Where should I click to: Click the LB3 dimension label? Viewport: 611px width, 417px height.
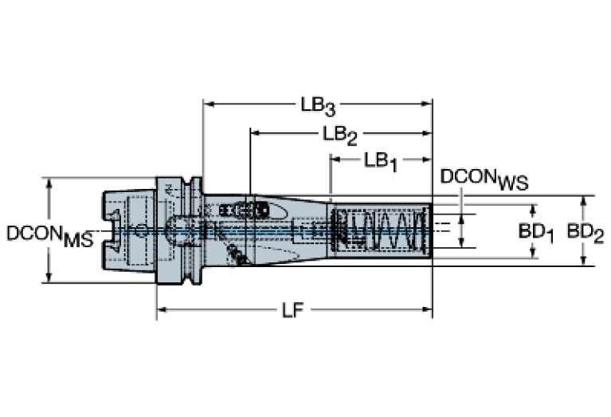pyautogui.click(x=318, y=106)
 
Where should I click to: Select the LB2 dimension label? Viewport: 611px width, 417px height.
pyautogui.click(x=340, y=136)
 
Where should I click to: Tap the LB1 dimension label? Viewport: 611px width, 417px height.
pyautogui.click(x=381, y=161)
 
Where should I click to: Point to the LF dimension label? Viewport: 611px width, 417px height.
pyautogui.click(x=292, y=310)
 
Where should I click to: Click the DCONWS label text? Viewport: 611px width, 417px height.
pyautogui.click(x=484, y=179)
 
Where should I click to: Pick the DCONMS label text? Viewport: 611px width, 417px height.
pyautogui.click(x=50, y=236)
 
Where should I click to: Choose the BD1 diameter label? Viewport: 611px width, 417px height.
pyautogui.click(x=536, y=234)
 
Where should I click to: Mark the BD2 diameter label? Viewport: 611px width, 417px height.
pyautogui.click(x=586, y=234)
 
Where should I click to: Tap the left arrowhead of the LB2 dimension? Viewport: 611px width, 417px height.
pyautogui.click(x=255, y=133)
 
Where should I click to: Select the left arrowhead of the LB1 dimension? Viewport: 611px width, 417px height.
pyautogui.click(x=336, y=159)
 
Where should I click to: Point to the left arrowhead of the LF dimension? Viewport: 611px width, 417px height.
pyautogui.click(x=162, y=309)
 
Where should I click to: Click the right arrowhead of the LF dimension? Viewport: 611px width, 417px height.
pyautogui.click(x=427, y=309)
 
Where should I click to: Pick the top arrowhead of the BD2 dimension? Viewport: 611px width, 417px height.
pyautogui.click(x=583, y=200)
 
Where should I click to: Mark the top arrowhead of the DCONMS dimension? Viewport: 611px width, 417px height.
pyautogui.click(x=49, y=183)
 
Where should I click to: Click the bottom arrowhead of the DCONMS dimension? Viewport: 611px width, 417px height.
pyautogui.click(x=49, y=277)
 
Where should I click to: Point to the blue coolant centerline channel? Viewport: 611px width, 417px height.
pyautogui.click(x=272, y=231)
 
